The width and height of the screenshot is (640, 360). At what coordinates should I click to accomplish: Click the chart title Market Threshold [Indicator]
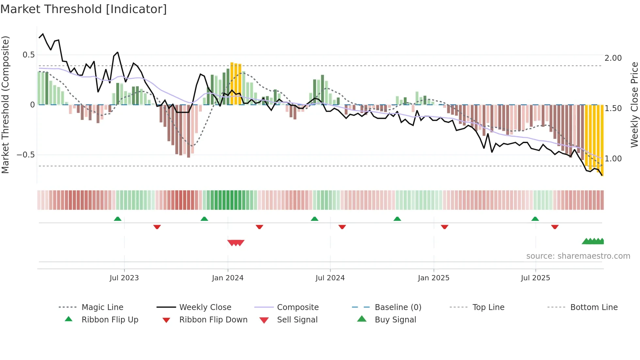pyautogui.click(x=84, y=9)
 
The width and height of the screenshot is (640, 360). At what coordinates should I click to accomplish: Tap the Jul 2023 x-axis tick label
pyautogui.click(x=124, y=278)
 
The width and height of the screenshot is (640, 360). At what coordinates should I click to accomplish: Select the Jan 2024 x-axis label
pyautogui.click(x=228, y=278)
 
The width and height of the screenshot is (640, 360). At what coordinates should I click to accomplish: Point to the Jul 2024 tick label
pyautogui.click(x=330, y=278)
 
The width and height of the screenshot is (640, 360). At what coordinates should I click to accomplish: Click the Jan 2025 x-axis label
pyautogui.click(x=433, y=278)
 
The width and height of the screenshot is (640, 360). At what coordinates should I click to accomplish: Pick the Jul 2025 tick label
pyautogui.click(x=535, y=278)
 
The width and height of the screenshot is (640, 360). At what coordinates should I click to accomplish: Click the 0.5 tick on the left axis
pyautogui.click(x=29, y=55)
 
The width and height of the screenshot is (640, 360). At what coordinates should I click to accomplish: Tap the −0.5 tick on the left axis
pyautogui.click(x=26, y=155)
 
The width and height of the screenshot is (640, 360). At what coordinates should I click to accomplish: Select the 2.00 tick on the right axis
pyautogui.click(x=613, y=58)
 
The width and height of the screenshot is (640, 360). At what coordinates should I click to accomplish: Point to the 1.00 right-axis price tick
pyautogui.click(x=613, y=159)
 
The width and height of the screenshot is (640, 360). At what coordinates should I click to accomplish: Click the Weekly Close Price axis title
pyautogui.click(x=634, y=105)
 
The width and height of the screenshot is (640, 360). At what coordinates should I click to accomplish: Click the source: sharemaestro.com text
pyautogui.click(x=578, y=256)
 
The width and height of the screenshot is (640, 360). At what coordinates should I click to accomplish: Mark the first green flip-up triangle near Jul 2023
pyautogui.click(x=118, y=219)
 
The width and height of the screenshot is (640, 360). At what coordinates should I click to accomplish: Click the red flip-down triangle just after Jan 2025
pyautogui.click(x=444, y=227)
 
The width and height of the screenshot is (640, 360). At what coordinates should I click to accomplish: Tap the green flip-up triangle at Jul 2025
pyautogui.click(x=535, y=219)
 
